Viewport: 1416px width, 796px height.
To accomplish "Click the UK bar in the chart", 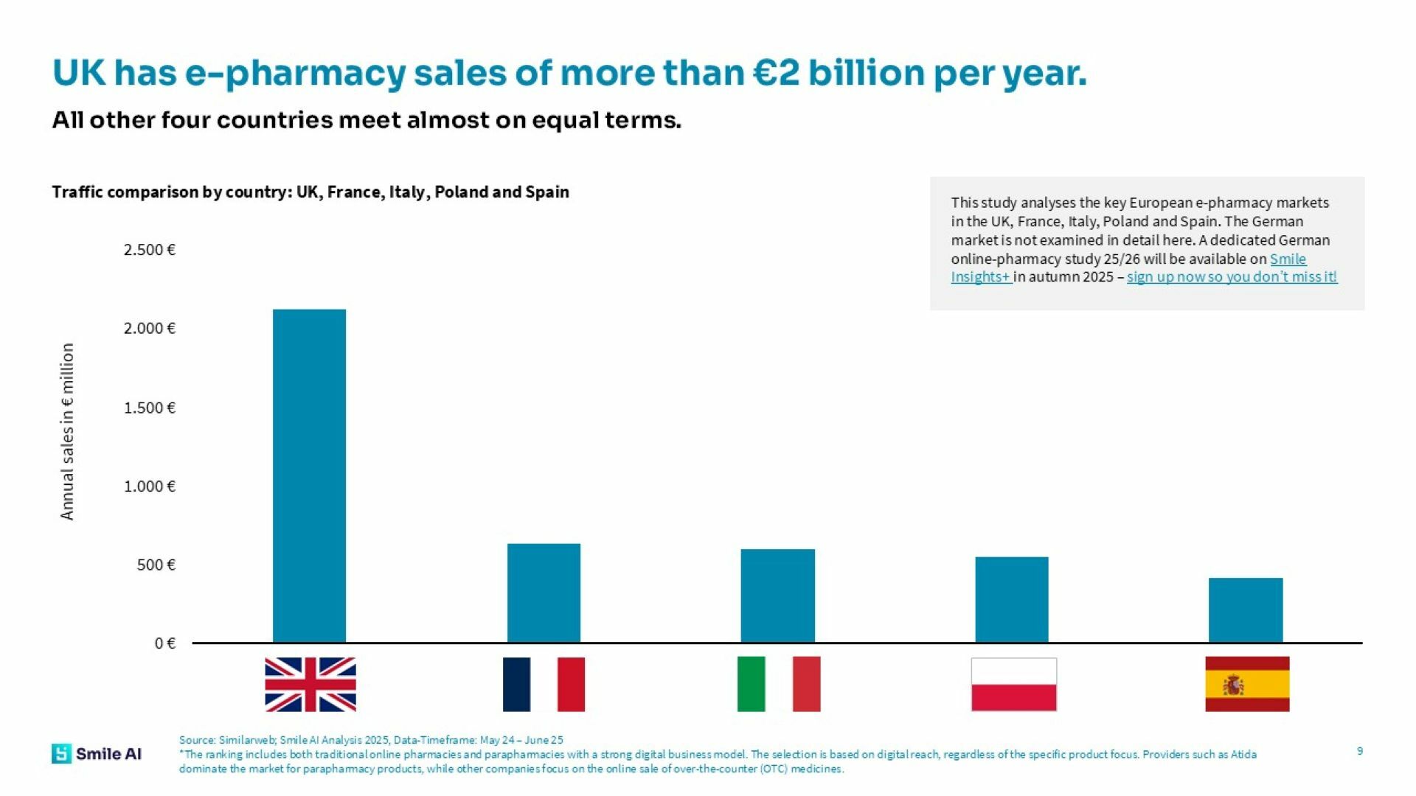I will point(309,475).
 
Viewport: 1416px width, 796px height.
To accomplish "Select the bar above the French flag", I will point(544,593).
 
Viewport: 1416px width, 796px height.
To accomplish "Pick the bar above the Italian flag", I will point(777,596).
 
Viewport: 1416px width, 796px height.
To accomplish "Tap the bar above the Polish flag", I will point(1011,599).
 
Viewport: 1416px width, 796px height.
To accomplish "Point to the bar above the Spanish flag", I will point(1245,610).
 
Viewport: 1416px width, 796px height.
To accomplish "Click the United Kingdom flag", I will point(310,684).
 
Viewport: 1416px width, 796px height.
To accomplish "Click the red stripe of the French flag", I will point(571,684).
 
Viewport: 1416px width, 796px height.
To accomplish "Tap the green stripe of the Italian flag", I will point(751,684).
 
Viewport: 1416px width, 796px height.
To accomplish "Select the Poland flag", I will point(1013,684).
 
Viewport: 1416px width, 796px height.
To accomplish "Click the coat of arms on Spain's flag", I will point(1232,685).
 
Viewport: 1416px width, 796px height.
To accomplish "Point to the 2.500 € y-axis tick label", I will point(149,250).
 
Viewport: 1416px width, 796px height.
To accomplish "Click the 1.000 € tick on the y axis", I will point(149,486).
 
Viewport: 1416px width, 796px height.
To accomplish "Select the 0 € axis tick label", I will point(164,643).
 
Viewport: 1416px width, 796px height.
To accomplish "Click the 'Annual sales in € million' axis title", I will point(67,431).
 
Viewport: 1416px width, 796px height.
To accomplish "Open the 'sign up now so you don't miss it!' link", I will point(1232,277).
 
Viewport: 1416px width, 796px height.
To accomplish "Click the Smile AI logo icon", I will point(61,753).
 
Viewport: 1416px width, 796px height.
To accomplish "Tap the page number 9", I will point(1359,751).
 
